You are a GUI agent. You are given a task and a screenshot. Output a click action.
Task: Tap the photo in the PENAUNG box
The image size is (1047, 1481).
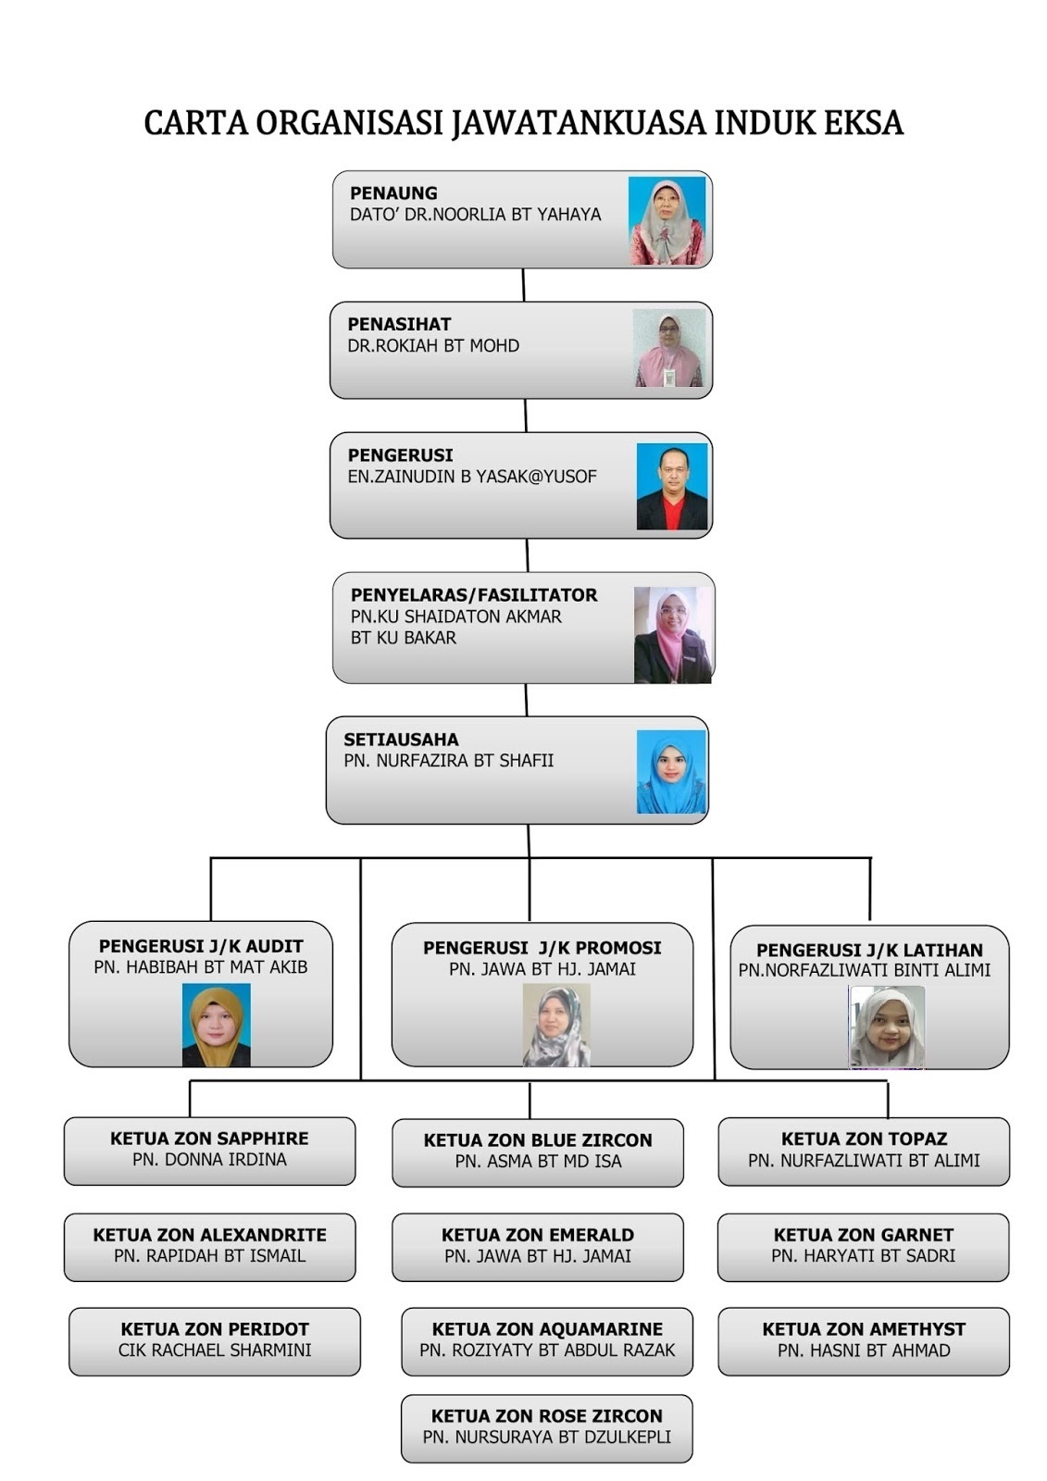tap(667, 220)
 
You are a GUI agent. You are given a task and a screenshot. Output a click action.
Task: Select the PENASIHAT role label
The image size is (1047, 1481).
tap(399, 324)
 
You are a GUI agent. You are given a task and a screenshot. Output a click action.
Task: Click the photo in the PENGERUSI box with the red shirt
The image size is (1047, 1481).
tap(672, 487)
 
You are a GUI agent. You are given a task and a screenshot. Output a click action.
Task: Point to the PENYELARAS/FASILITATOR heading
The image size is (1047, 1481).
tap(473, 595)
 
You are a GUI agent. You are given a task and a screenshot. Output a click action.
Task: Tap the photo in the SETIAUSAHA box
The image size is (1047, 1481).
tap(671, 772)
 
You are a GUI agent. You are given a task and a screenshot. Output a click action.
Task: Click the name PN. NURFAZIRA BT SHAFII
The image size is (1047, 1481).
tap(448, 761)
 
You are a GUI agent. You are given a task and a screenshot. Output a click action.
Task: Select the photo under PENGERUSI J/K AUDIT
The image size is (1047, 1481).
tap(216, 1025)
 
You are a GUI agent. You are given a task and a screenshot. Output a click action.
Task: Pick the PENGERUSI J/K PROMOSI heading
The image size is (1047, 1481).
tap(542, 948)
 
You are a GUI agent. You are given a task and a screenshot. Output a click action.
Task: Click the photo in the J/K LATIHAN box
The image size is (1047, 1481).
tap(886, 1027)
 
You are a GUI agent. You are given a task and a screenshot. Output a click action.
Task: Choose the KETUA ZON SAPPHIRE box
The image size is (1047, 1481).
tap(209, 1151)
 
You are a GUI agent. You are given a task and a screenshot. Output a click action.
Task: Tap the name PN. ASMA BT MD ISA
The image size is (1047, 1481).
tap(538, 1162)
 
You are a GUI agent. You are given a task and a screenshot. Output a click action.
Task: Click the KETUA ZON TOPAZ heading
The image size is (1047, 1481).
tap(864, 1139)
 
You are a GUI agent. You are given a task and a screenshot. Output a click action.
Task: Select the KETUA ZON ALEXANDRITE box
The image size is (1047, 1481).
tap(209, 1247)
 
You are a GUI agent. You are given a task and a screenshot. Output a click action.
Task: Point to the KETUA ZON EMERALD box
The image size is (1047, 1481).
tap(537, 1247)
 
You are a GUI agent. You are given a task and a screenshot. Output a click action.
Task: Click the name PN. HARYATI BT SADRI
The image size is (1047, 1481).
tap(863, 1256)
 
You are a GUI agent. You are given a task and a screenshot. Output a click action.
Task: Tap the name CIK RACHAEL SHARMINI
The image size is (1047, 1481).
tap(214, 1350)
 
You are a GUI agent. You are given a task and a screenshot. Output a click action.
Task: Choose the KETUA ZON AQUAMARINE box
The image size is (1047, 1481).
tap(546, 1340)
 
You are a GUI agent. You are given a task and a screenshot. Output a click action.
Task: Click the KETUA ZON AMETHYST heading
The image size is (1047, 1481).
tap(863, 1329)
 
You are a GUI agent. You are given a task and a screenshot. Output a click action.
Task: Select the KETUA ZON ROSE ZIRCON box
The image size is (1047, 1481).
tap(546, 1427)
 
